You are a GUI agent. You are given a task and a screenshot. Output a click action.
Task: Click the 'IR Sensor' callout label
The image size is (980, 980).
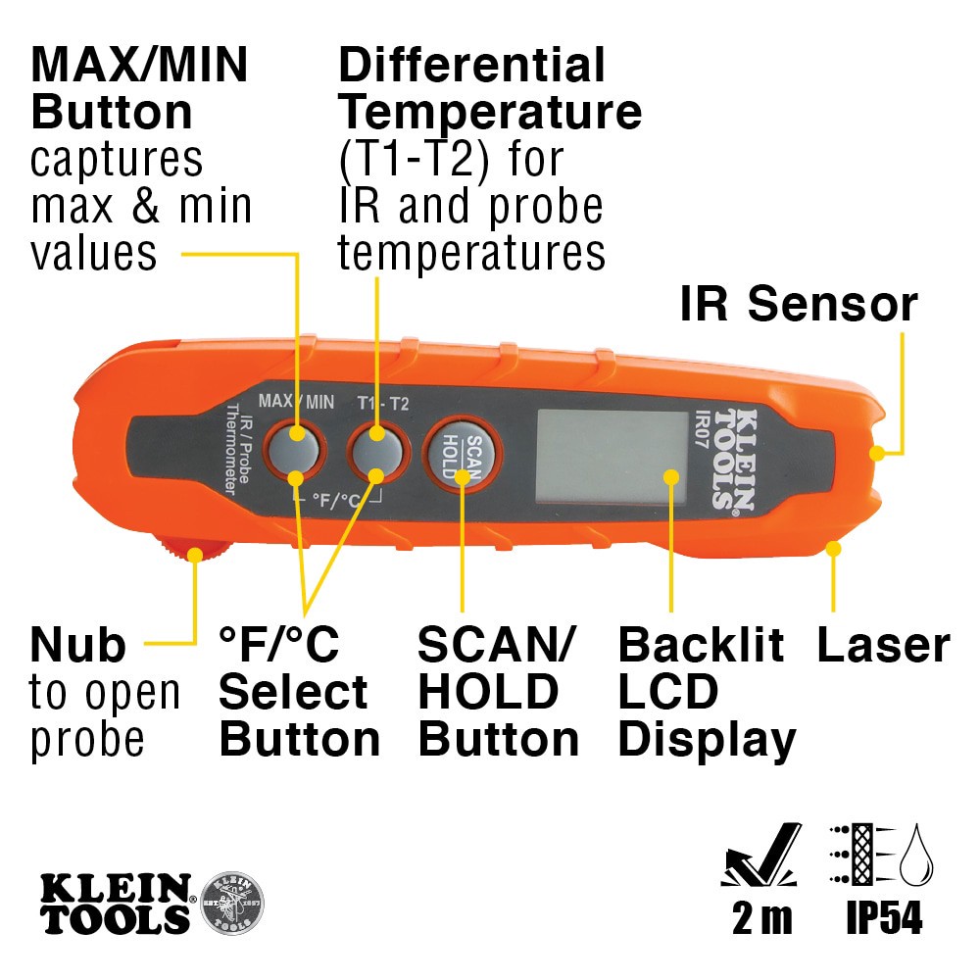coord(798,305)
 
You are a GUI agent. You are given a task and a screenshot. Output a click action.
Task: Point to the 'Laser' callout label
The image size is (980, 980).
coord(883,646)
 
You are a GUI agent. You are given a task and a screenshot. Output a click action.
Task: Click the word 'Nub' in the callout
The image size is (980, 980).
coord(78,646)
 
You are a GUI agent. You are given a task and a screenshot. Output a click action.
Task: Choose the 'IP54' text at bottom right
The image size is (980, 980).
coord(883,920)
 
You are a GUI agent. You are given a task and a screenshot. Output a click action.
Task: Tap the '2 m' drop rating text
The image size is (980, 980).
coord(761,920)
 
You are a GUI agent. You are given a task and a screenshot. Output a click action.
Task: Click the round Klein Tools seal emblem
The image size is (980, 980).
coord(231,902)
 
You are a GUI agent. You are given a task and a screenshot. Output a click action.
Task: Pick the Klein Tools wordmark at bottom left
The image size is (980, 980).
coord(116,902)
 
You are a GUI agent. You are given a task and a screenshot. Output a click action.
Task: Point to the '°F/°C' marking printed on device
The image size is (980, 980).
coord(336,499)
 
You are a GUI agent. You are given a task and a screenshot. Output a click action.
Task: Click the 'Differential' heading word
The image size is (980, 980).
coord(471,66)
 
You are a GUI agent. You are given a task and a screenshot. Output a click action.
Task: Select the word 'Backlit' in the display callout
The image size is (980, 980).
coord(701,646)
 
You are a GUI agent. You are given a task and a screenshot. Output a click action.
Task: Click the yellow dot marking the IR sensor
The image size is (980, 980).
coord(878,453)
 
